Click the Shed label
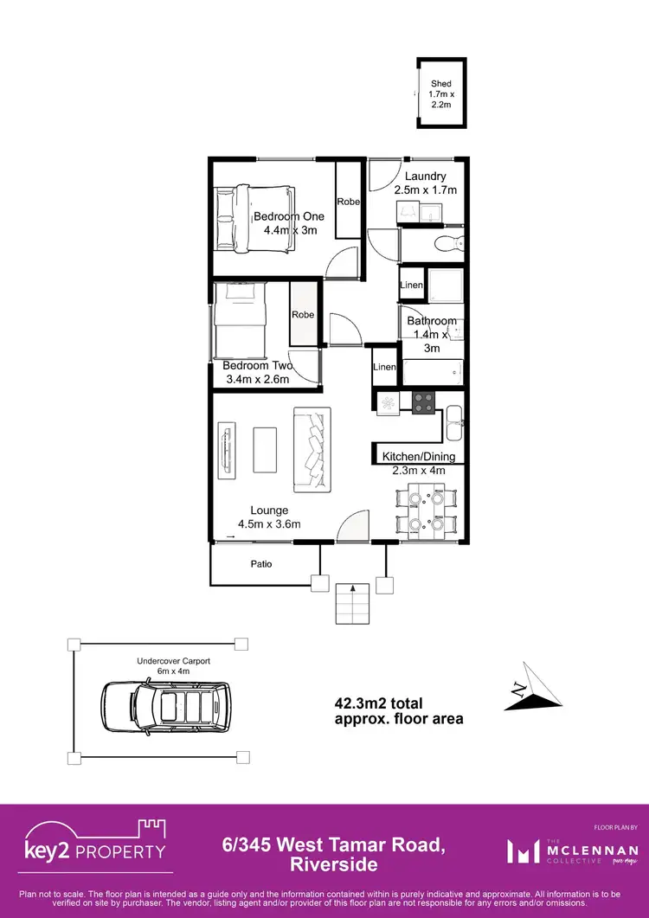[440, 84]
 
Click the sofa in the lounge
[312, 448]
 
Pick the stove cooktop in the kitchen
[423, 403]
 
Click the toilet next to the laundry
[449, 244]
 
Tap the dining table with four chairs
[424, 510]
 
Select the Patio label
[261, 564]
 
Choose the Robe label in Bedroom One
[349, 202]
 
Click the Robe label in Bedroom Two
[303, 315]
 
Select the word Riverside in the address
[334, 864]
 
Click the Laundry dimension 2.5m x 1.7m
[425, 189]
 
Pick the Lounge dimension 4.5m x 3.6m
[269, 523]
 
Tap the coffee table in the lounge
[265, 449]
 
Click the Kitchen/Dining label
[419, 457]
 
